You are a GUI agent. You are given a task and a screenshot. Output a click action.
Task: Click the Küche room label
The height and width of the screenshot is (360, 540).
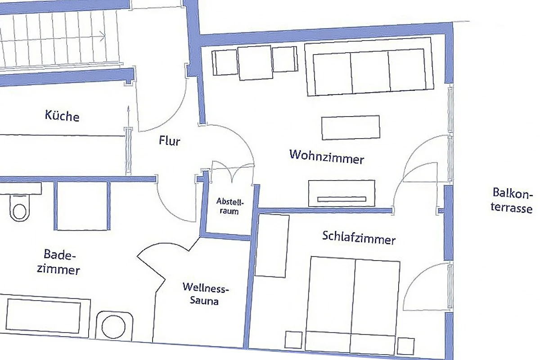(62, 116)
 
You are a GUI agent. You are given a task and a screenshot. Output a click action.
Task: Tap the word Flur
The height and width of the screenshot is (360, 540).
(170, 140)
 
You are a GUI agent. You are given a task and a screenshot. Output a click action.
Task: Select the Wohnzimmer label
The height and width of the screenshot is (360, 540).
(327, 157)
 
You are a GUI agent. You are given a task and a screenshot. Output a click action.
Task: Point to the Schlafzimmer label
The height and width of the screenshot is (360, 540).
(359, 238)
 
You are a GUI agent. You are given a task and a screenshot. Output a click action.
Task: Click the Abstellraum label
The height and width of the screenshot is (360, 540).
(230, 206)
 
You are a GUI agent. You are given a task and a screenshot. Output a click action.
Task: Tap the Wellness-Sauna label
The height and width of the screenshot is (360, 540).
(205, 294)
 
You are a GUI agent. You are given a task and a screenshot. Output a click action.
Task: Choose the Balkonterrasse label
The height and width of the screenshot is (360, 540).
(512, 200)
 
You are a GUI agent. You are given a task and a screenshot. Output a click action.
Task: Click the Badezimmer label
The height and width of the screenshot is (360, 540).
(58, 262)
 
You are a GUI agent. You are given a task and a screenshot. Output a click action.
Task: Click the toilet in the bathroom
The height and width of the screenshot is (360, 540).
(20, 208)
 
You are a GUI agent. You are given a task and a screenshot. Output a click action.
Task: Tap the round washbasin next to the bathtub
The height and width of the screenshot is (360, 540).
(113, 327)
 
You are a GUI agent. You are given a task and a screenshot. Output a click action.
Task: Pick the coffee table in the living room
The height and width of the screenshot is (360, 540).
(351, 127)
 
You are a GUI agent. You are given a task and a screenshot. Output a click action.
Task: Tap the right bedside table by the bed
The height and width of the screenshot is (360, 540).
(406, 346)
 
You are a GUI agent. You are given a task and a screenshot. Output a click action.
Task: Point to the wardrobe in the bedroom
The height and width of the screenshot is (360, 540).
(272, 246)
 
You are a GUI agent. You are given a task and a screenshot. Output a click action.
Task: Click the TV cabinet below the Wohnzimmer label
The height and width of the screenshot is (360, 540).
(342, 193)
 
